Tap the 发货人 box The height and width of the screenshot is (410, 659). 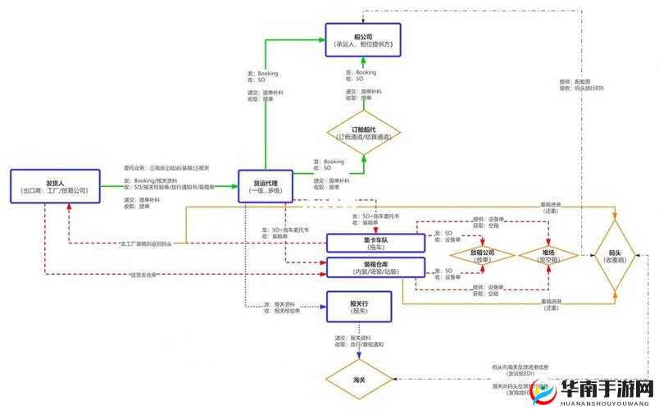pyautogui.click(x=55, y=186)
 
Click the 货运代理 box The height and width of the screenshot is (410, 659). pyautogui.click(x=265, y=186)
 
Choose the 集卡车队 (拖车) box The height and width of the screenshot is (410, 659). pyautogui.click(x=375, y=242)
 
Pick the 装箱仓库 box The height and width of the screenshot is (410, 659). pyautogui.click(x=375, y=266)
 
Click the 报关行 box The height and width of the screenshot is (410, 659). pyautogui.click(x=360, y=307)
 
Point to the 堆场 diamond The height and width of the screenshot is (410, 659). pyautogui.click(x=548, y=255)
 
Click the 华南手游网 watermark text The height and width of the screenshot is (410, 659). pyautogui.click(x=596, y=388)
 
